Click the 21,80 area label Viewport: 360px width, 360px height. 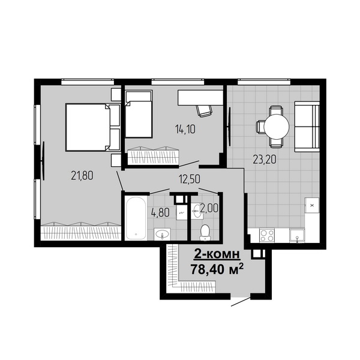(x=82, y=176)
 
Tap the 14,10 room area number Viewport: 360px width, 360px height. (x=185, y=130)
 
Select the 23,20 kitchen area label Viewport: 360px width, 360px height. (x=264, y=160)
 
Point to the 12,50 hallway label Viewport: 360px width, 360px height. (x=190, y=179)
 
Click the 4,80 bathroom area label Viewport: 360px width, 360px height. (x=160, y=212)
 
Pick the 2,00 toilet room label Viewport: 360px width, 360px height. (x=209, y=208)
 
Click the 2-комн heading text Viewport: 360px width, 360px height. (x=217, y=254)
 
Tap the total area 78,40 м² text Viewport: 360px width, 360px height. (x=217, y=269)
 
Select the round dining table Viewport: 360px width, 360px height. (x=277, y=127)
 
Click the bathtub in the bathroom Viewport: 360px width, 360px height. (x=136, y=218)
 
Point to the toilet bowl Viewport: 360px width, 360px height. (x=205, y=232)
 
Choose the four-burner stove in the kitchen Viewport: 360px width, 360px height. (x=267, y=235)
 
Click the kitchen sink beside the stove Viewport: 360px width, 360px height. (x=297, y=235)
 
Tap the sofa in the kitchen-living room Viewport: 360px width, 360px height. (x=307, y=127)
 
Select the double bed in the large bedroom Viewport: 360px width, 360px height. (x=93, y=127)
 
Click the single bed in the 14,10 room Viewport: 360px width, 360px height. (x=139, y=114)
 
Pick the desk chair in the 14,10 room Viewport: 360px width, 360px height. (x=204, y=111)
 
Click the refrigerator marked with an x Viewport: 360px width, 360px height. (x=312, y=205)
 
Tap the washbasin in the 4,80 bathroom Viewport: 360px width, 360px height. (x=162, y=234)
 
